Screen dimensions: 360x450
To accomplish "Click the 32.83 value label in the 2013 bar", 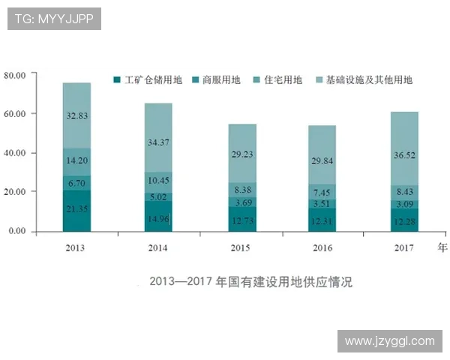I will click(x=76, y=115).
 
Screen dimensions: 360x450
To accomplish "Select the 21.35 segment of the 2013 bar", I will click(x=76, y=210).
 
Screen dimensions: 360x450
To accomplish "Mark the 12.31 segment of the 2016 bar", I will click(x=322, y=220).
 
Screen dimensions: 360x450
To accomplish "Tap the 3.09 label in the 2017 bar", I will click(x=403, y=204).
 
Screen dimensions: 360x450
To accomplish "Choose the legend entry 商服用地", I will click(x=217, y=80).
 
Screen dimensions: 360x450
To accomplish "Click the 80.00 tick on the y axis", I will click(x=15, y=75).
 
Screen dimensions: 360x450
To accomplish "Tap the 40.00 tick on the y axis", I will click(x=15, y=153).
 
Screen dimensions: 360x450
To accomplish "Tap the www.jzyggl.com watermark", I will click(x=389, y=341).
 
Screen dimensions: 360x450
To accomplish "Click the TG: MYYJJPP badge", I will click(x=53, y=18).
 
